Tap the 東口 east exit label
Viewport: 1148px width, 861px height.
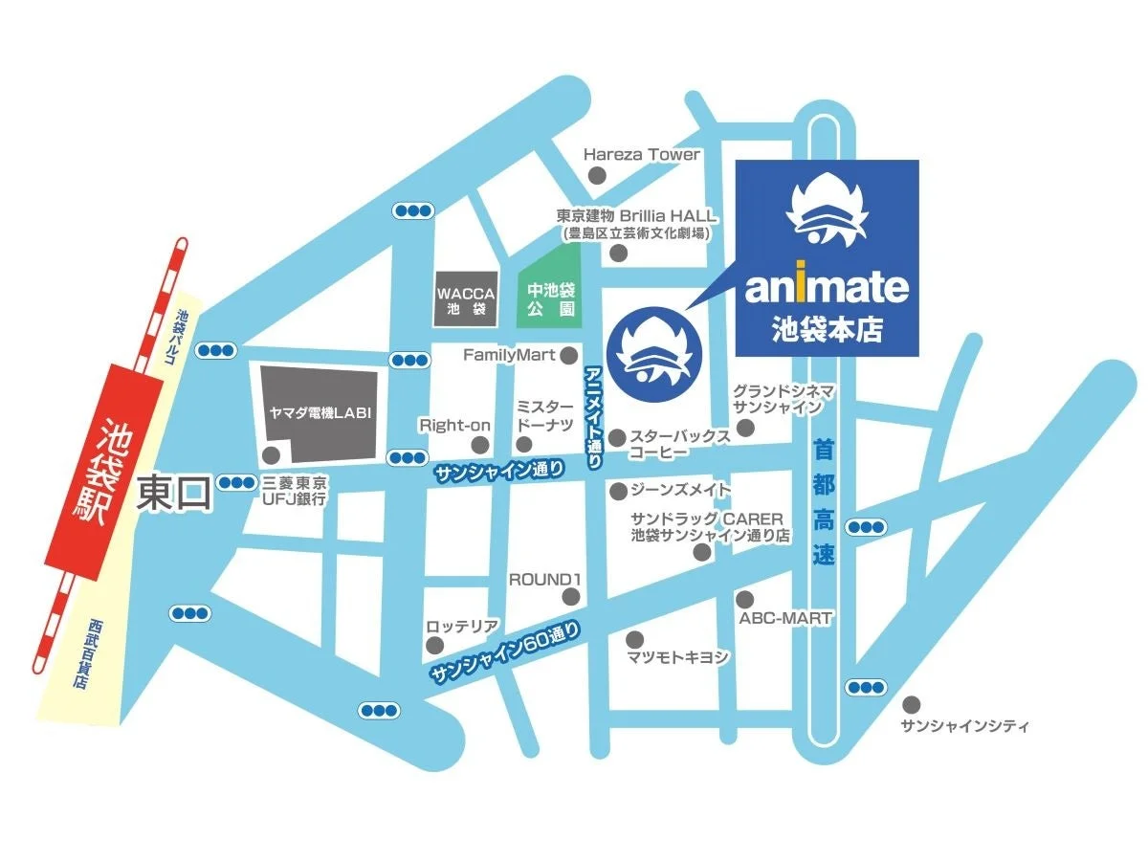coord(174,494)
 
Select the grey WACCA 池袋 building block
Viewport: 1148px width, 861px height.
coord(464,298)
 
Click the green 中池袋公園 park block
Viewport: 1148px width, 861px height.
coord(549,298)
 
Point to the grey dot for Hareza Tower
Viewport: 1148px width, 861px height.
coord(597,175)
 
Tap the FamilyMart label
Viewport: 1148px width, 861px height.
coord(509,355)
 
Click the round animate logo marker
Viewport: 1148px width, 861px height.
coord(653,355)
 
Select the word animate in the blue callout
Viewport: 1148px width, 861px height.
coord(827,286)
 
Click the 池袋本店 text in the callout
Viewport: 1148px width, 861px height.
coord(827,330)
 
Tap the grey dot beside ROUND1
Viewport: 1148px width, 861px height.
coord(571,598)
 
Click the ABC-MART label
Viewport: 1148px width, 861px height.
coord(785,618)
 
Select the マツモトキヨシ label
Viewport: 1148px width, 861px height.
coord(678,657)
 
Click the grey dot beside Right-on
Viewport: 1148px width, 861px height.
coord(480,445)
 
